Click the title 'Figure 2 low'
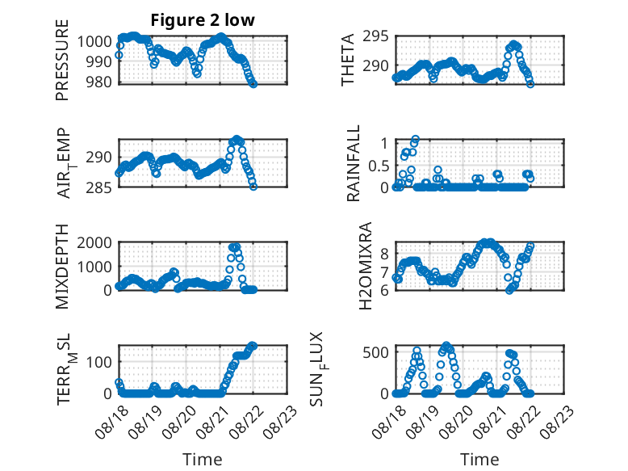point(203,20)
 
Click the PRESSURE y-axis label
point(62,60)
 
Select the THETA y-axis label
point(348,60)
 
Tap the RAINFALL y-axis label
point(354,163)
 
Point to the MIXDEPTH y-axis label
point(62,266)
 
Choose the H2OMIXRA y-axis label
point(366,266)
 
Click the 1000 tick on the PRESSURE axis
point(94,41)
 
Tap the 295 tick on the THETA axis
point(375,36)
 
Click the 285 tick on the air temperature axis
point(98,187)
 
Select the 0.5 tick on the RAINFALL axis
point(379,166)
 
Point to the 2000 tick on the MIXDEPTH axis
point(94,242)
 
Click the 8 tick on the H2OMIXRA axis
point(384,254)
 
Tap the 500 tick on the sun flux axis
point(375,352)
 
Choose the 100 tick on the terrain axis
point(98,362)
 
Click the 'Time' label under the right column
point(479,460)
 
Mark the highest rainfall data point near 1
point(416,140)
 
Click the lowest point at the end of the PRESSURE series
point(253,84)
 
